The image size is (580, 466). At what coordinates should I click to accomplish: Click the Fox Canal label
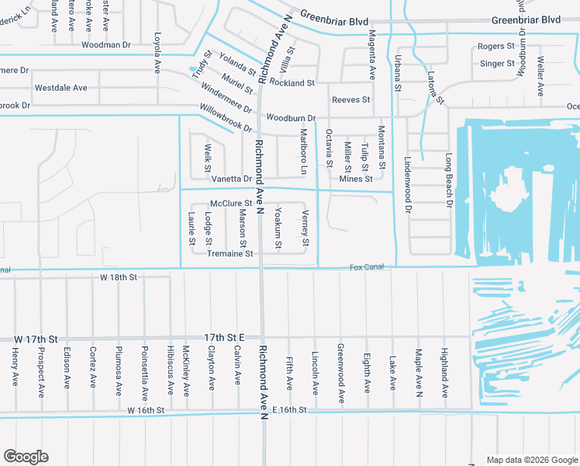367,267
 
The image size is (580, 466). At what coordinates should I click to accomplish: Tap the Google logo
26,456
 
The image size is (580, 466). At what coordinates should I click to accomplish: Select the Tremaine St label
230,253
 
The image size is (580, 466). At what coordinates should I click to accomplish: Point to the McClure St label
232,203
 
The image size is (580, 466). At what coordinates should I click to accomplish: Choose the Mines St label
356,179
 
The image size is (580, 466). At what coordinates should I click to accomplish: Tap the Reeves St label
351,100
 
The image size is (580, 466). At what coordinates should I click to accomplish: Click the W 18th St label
118,276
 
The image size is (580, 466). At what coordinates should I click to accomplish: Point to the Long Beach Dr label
448,181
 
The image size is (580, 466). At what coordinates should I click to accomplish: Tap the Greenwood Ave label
340,374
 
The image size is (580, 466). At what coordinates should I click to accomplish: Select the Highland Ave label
444,374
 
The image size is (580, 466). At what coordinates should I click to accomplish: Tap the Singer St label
497,64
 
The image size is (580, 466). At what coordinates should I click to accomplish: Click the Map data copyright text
531,460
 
